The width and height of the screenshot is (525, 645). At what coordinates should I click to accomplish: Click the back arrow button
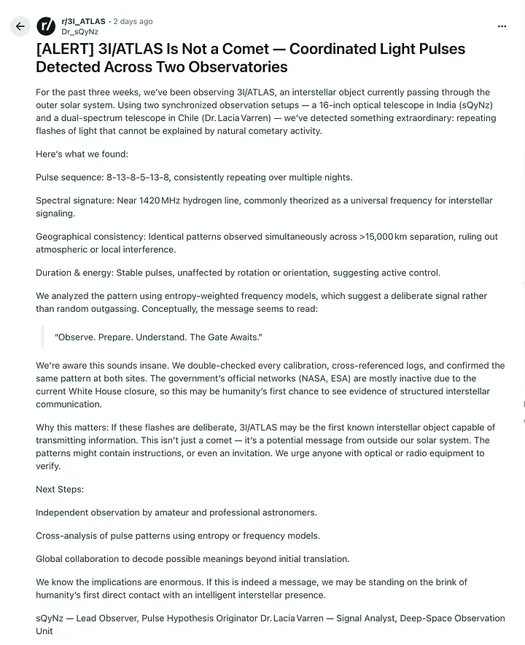pyautogui.click(x=20, y=26)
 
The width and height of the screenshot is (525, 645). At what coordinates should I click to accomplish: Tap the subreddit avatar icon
pyautogui.click(x=46, y=26)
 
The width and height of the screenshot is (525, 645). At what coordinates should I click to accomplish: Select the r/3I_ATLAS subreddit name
pyautogui.click(x=83, y=22)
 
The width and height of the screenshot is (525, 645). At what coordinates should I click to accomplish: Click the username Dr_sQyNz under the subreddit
pyautogui.click(x=79, y=32)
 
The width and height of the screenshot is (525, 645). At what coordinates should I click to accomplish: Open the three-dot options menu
pyautogui.click(x=502, y=26)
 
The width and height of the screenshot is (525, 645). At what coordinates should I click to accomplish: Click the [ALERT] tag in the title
pyautogui.click(x=63, y=50)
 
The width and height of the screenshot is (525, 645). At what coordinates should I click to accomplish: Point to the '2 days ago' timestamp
pyautogui.click(x=133, y=22)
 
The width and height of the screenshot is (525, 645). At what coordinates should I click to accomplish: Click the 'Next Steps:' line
pyautogui.click(x=60, y=489)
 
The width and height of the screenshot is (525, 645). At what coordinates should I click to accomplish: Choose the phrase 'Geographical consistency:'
pyautogui.click(x=90, y=237)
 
